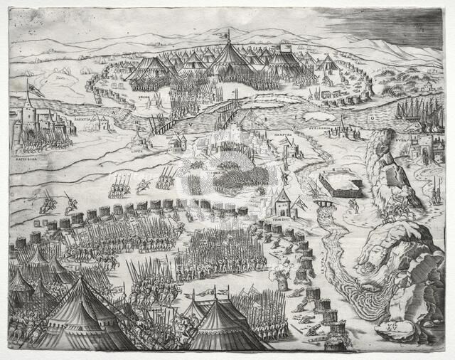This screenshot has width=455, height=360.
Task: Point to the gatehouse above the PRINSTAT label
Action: (x=282, y=203)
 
